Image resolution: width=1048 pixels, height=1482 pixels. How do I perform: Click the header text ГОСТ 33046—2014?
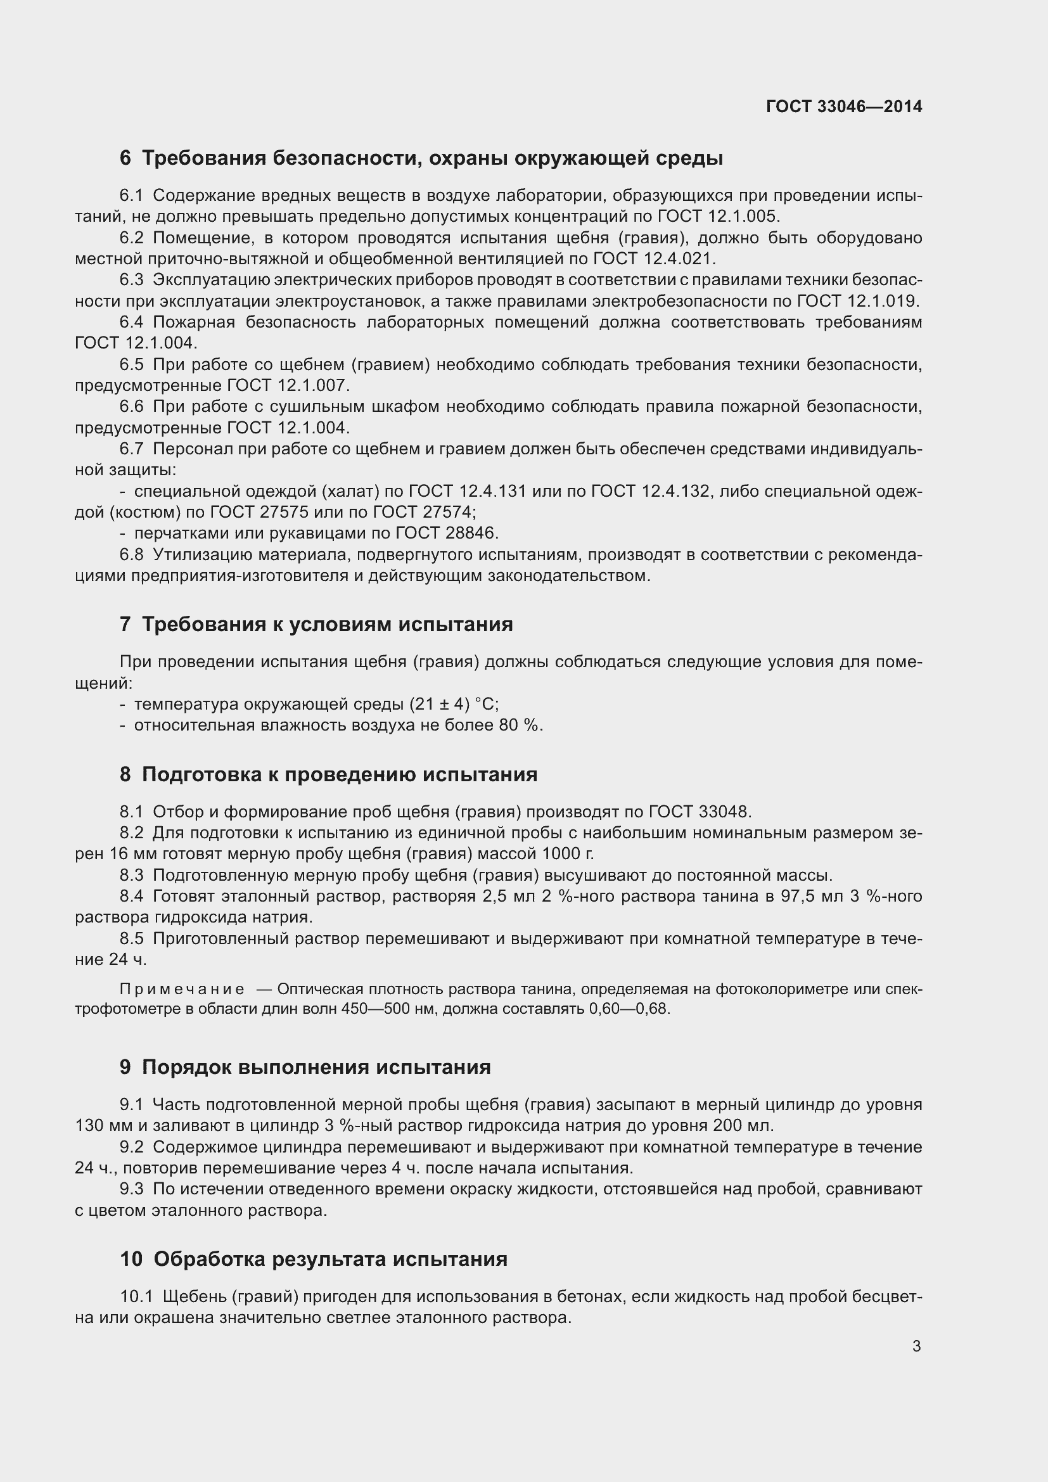843,106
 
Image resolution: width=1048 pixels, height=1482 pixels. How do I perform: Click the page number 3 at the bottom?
916,1346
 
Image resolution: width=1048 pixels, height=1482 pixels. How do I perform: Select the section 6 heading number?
125,158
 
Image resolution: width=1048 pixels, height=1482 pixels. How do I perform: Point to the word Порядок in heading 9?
186,1067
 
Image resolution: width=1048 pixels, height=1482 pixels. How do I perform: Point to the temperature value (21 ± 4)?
440,703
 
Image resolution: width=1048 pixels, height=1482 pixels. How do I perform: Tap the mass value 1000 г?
567,853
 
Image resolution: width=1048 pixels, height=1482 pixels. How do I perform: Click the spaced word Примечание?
182,990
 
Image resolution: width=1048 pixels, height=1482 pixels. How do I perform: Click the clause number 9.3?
132,1189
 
